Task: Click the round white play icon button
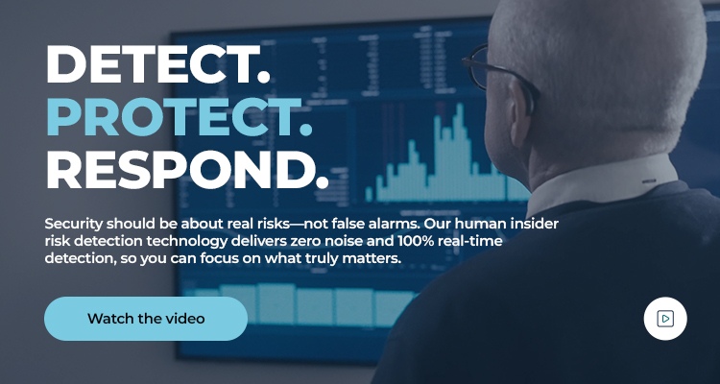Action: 665,318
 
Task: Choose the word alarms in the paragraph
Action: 422,224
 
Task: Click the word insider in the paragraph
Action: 536,224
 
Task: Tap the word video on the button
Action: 184,319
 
